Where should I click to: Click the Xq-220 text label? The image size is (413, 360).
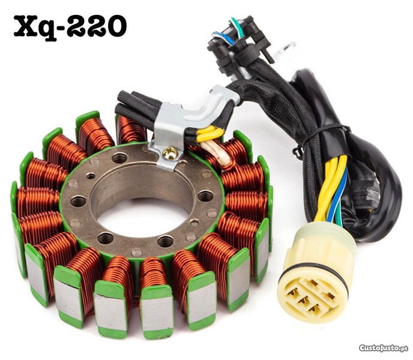tap(71, 27)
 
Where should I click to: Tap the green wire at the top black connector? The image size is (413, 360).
tap(238, 26)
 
